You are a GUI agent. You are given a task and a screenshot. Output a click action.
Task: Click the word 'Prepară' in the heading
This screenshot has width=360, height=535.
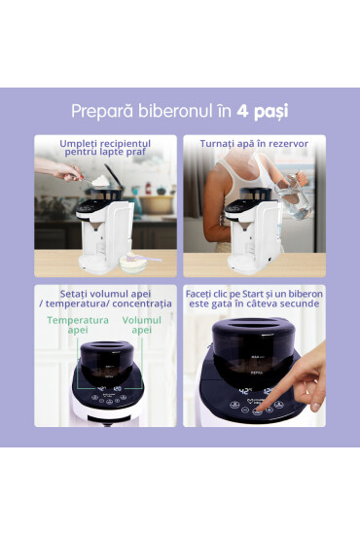103,112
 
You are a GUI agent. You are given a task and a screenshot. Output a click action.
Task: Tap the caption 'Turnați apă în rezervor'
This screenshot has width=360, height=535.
254,144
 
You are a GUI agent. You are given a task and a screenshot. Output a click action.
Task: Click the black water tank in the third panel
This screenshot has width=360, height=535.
106,360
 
